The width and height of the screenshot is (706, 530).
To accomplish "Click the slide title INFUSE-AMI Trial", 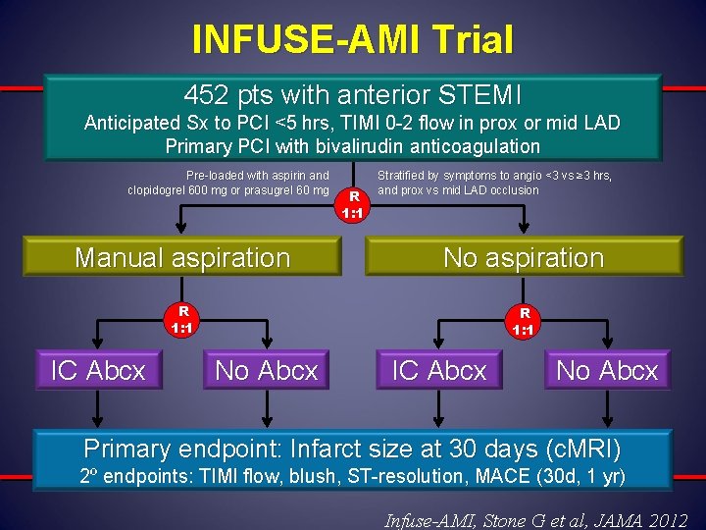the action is tap(353, 39).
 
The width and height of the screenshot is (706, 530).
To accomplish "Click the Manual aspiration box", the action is tap(183, 258).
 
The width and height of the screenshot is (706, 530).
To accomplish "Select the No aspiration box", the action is tap(524, 258).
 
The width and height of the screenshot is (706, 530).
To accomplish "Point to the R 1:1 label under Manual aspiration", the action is tap(178, 320).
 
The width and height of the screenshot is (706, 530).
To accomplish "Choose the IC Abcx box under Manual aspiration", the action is tap(98, 370).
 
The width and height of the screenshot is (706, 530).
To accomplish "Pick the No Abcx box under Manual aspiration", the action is tap(267, 370).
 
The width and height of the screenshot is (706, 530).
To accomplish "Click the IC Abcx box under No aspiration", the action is tap(439, 370).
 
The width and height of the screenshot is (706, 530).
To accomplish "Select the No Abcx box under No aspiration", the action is tap(608, 370).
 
